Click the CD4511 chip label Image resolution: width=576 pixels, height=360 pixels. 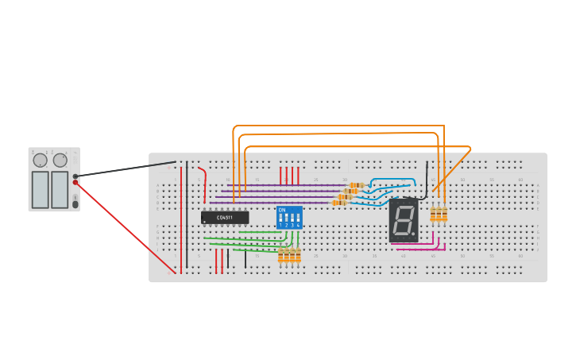click(225, 218)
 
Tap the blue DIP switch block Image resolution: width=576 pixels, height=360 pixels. click(289, 218)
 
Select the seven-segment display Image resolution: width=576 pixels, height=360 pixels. click(404, 221)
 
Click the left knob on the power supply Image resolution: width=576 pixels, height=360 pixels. click(40, 161)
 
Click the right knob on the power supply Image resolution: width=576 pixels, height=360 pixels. click(60, 161)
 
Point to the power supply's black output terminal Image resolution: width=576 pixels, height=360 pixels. click(75, 176)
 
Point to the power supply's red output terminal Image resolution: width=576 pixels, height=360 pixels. click(75, 183)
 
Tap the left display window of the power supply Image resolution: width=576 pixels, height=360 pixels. click(40, 190)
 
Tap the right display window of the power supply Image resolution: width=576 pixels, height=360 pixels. click(60, 190)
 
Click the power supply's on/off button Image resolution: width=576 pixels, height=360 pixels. click(75, 204)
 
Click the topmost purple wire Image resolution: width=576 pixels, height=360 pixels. click(286, 185)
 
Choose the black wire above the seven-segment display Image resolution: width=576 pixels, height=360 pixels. click(427, 179)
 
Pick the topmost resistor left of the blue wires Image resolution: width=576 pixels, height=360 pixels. click(357, 185)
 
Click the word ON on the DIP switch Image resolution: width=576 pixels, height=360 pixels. click(281, 210)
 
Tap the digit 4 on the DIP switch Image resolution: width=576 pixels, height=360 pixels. click(298, 226)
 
